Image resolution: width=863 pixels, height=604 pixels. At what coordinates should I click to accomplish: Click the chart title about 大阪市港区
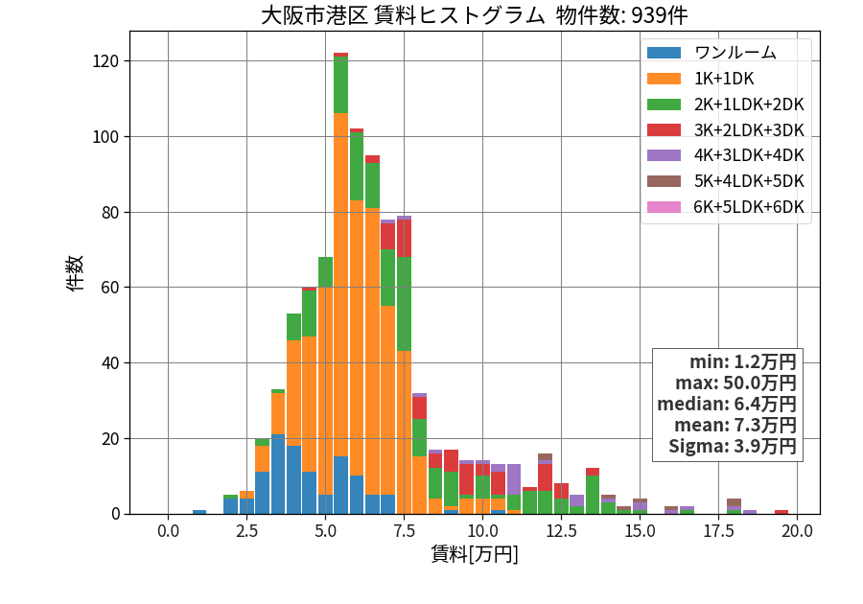click(474, 14)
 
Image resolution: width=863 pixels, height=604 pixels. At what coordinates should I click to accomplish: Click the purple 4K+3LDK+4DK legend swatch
click(664, 155)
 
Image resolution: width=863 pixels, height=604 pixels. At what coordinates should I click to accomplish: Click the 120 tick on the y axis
click(105, 61)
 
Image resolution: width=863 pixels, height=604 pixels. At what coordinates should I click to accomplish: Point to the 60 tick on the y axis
click(110, 288)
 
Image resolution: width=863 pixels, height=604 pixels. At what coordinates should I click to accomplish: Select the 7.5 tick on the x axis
click(404, 531)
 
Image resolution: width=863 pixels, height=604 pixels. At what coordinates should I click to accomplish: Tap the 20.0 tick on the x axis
click(798, 531)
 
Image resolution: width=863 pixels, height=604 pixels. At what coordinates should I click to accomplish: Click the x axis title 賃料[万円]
click(475, 554)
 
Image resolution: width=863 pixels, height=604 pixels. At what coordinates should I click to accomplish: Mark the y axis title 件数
click(75, 273)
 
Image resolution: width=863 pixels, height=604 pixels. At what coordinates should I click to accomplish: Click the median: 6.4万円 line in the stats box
click(727, 404)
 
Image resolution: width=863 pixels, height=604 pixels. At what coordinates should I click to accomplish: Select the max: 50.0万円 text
click(735, 383)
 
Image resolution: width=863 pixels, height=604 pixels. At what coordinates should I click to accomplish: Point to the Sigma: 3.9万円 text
click(733, 446)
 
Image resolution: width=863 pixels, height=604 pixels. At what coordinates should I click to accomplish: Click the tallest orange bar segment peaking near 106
click(340, 285)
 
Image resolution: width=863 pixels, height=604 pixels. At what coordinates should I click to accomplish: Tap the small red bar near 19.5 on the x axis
click(781, 512)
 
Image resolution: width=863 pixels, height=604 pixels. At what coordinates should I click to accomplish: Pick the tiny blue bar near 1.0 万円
click(199, 512)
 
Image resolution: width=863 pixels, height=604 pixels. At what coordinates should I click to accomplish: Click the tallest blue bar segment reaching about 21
click(278, 475)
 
